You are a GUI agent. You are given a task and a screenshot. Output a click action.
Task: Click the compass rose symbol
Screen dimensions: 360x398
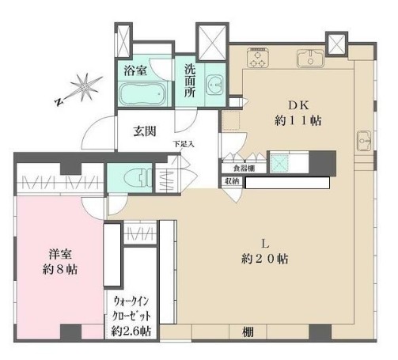click(x=79, y=86)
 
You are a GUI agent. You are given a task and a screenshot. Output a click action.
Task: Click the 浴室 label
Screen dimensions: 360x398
click(x=135, y=71)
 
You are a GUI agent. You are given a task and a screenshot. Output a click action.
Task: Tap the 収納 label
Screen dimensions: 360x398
click(x=231, y=181)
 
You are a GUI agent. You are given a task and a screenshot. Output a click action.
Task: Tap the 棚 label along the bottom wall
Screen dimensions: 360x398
click(x=237, y=331)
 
